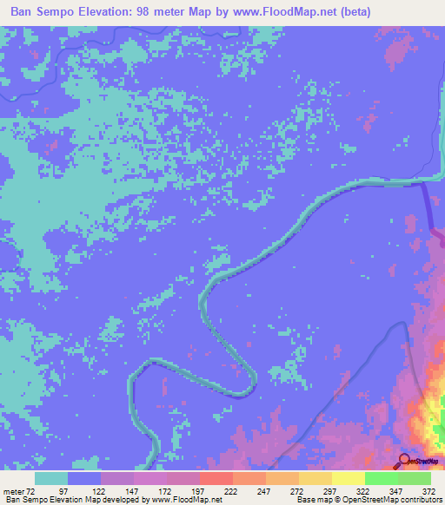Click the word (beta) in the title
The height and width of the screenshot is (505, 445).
coord(353,12)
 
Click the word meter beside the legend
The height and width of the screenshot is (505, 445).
coord(13,491)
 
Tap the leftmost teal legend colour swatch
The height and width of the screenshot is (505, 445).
coord(51,478)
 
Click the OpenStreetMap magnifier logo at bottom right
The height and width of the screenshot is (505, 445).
coord(403,460)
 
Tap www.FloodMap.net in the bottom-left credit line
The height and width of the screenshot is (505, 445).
coord(185,501)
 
